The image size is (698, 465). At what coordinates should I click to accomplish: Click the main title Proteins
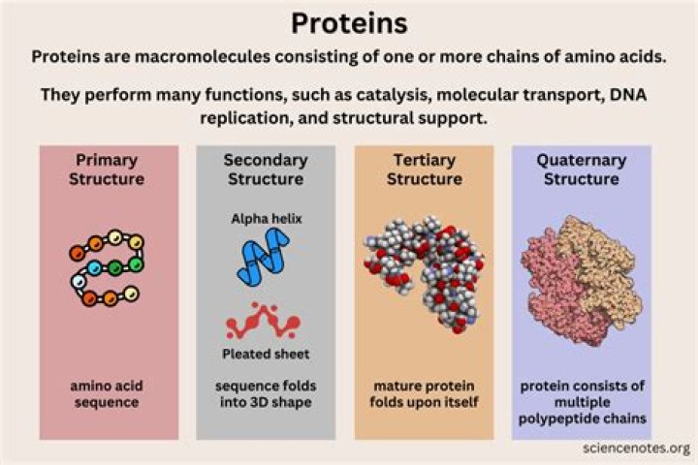tap(349, 21)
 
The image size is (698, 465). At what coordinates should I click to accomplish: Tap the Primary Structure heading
tap(107, 169)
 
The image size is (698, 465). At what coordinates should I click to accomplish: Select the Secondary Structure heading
tap(265, 169)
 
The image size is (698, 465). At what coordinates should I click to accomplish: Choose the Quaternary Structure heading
tap(582, 169)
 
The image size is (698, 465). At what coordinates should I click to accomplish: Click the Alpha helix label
tap(266, 219)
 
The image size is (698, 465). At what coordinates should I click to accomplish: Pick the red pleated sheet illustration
tap(264, 319)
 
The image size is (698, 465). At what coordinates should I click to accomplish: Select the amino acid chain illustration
tap(107, 267)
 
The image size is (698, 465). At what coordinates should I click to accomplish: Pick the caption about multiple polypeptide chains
tap(582, 402)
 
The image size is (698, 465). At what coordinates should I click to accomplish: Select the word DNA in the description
tap(635, 97)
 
